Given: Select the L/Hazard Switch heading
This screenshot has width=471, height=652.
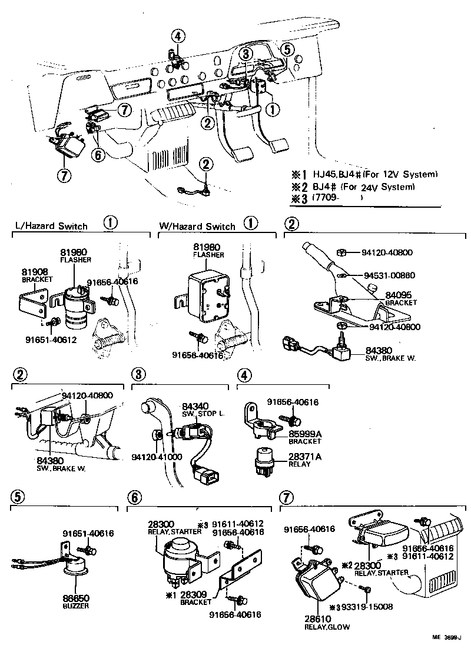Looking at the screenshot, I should click(51, 226).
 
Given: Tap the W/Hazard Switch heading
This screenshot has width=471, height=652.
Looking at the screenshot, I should click(197, 226).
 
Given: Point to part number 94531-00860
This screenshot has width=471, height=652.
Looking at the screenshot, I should click(389, 275).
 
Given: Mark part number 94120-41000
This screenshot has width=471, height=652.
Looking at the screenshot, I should click(157, 457).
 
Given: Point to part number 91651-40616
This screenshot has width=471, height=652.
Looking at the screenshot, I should click(88, 534).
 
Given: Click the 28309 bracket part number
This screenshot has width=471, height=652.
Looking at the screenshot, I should click(195, 595).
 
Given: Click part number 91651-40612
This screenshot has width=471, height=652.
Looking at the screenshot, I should click(51, 340).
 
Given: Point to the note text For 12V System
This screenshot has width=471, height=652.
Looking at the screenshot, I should click(406, 175).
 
